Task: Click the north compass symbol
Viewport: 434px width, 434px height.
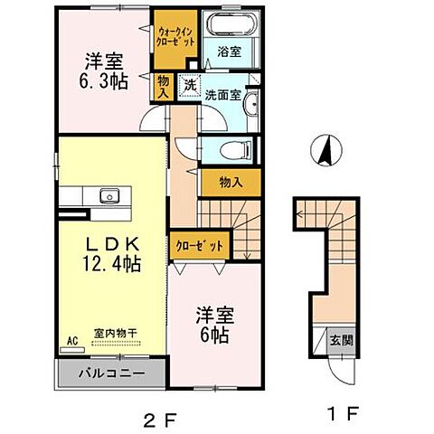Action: (x=324, y=149)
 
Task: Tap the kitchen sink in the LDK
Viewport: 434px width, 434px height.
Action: (x=109, y=195)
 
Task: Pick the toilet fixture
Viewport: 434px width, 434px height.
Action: (x=238, y=151)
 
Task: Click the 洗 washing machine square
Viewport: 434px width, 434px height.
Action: (x=190, y=84)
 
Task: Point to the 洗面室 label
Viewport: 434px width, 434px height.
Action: (x=222, y=92)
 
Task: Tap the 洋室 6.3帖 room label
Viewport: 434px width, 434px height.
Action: (x=106, y=71)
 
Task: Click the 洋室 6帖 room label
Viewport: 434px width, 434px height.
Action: (x=216, y=323)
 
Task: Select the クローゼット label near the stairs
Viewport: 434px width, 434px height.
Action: (x=194, y=245)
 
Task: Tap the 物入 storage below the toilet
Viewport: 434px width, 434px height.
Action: (x=231, y=182)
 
